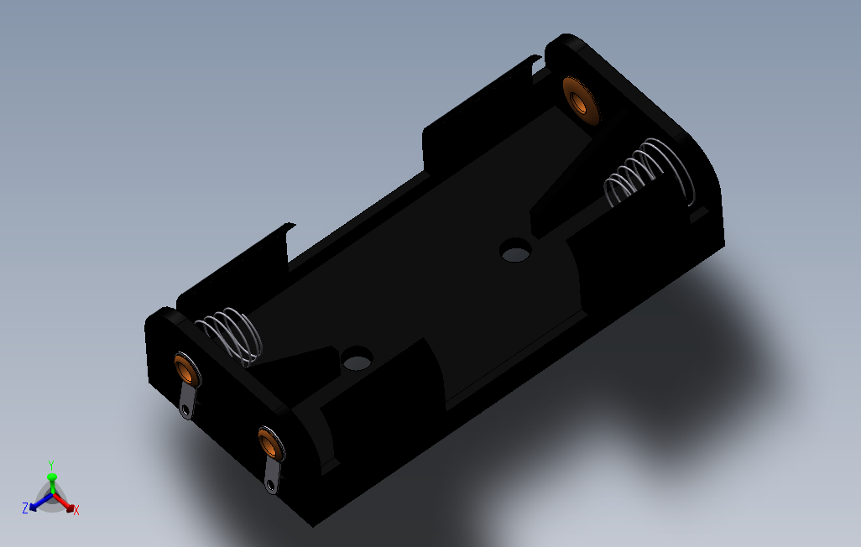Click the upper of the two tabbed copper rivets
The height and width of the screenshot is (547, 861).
pos(187,370)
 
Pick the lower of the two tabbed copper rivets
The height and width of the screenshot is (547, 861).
pos(271,444)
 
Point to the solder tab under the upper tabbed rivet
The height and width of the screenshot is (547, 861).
pos(188,401)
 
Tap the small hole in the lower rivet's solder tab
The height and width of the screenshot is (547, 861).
pos(270,486)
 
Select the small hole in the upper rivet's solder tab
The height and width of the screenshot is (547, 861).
pos(185,411)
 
